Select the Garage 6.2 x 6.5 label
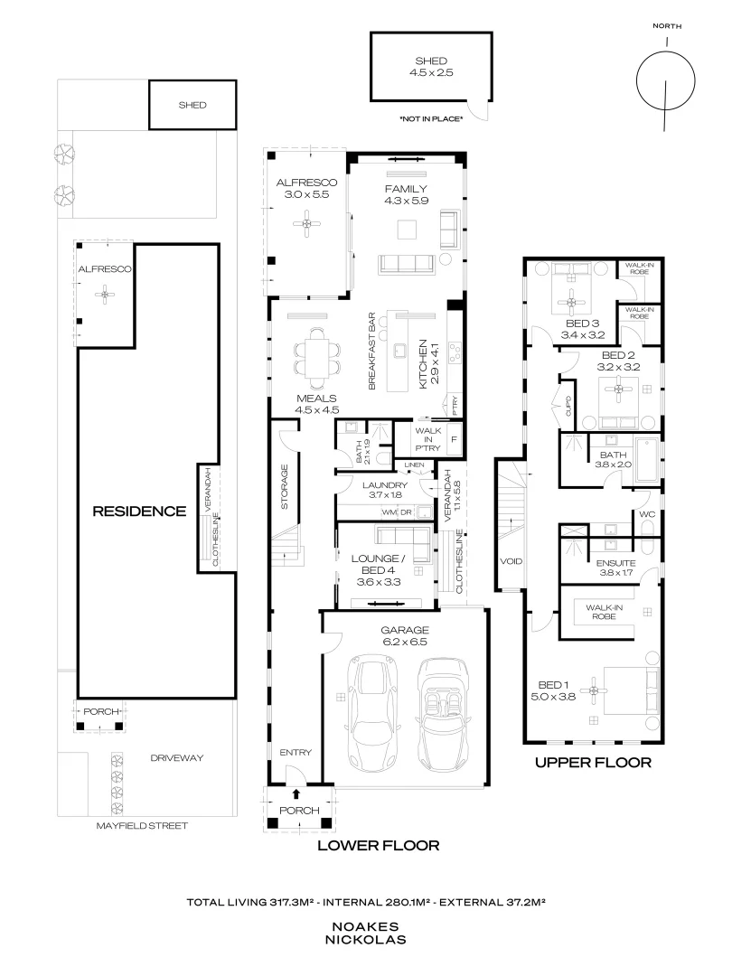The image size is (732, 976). [x=404, y=635]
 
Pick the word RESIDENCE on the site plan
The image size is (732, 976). [x=140, y=511]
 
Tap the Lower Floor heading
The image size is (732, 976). [x=378, y=846]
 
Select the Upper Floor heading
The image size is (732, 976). [x=593, y=762]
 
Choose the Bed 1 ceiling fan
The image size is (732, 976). [x=594, y=691]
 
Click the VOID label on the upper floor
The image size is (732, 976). [x=511, y=561]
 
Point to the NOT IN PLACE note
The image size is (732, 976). [x=430, y=118]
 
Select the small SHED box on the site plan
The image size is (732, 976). [x=192, y=105]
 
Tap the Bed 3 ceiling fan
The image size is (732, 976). [x=570, y=303]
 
